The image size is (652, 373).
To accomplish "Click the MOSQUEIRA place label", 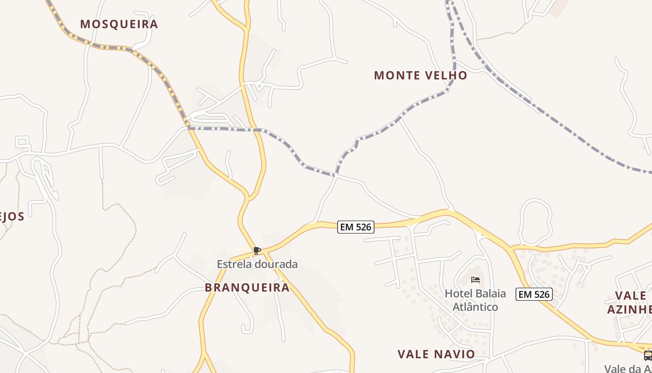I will point(119,24).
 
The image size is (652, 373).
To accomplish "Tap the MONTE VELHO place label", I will point(421,76).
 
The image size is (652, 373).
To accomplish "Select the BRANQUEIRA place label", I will point(247,288).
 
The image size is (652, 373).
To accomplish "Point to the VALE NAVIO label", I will point(436,354).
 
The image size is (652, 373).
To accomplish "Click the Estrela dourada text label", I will point(257,264).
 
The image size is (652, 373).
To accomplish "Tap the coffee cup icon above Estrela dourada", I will point(257,251).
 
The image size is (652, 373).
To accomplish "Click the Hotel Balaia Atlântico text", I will point(475,300).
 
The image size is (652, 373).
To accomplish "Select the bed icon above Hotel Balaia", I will point(475,280).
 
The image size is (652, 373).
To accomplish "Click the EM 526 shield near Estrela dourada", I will point(356,227).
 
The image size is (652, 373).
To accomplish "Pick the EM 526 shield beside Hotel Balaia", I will point(534,294).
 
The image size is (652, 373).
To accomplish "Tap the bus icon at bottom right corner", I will point(647,356).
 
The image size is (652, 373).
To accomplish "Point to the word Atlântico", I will point(475,307).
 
